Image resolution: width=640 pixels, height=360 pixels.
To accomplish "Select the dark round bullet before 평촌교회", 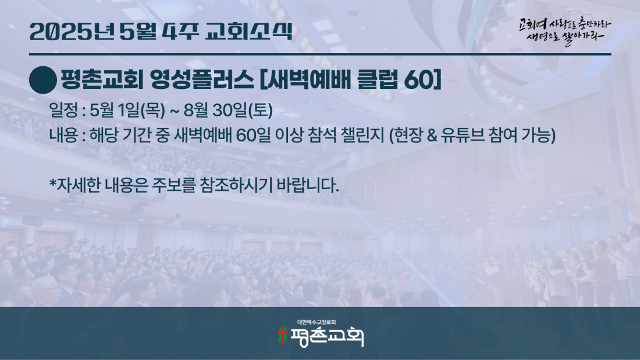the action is [43, 80].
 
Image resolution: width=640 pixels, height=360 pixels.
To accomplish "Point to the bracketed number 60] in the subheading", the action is [422, 80].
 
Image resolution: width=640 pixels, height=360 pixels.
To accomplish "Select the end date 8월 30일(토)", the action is [228, 110].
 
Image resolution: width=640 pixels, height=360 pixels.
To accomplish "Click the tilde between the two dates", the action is [175, 111].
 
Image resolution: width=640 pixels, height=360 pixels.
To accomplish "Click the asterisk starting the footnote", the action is [52, 183].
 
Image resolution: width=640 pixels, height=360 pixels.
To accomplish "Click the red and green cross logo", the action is [282, 336].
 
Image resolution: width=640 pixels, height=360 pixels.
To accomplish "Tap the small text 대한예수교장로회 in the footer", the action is [317, 322].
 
